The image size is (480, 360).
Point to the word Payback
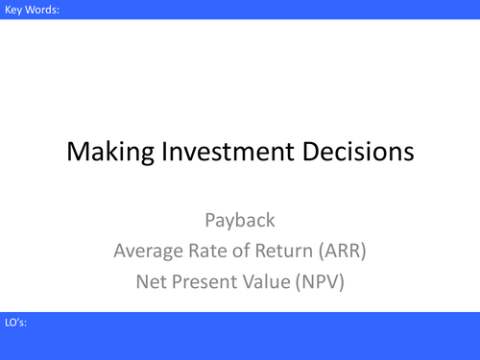click(240, 220)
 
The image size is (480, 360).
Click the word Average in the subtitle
click(148, 252)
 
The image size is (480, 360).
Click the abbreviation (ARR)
click(341, 252)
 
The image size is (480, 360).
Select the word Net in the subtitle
click(152, 283)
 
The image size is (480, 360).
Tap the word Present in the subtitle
click(209, 283)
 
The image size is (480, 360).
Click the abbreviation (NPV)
click(329, 283)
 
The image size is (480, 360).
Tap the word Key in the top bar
click(12, 11)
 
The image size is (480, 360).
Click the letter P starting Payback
click(210, 220)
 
